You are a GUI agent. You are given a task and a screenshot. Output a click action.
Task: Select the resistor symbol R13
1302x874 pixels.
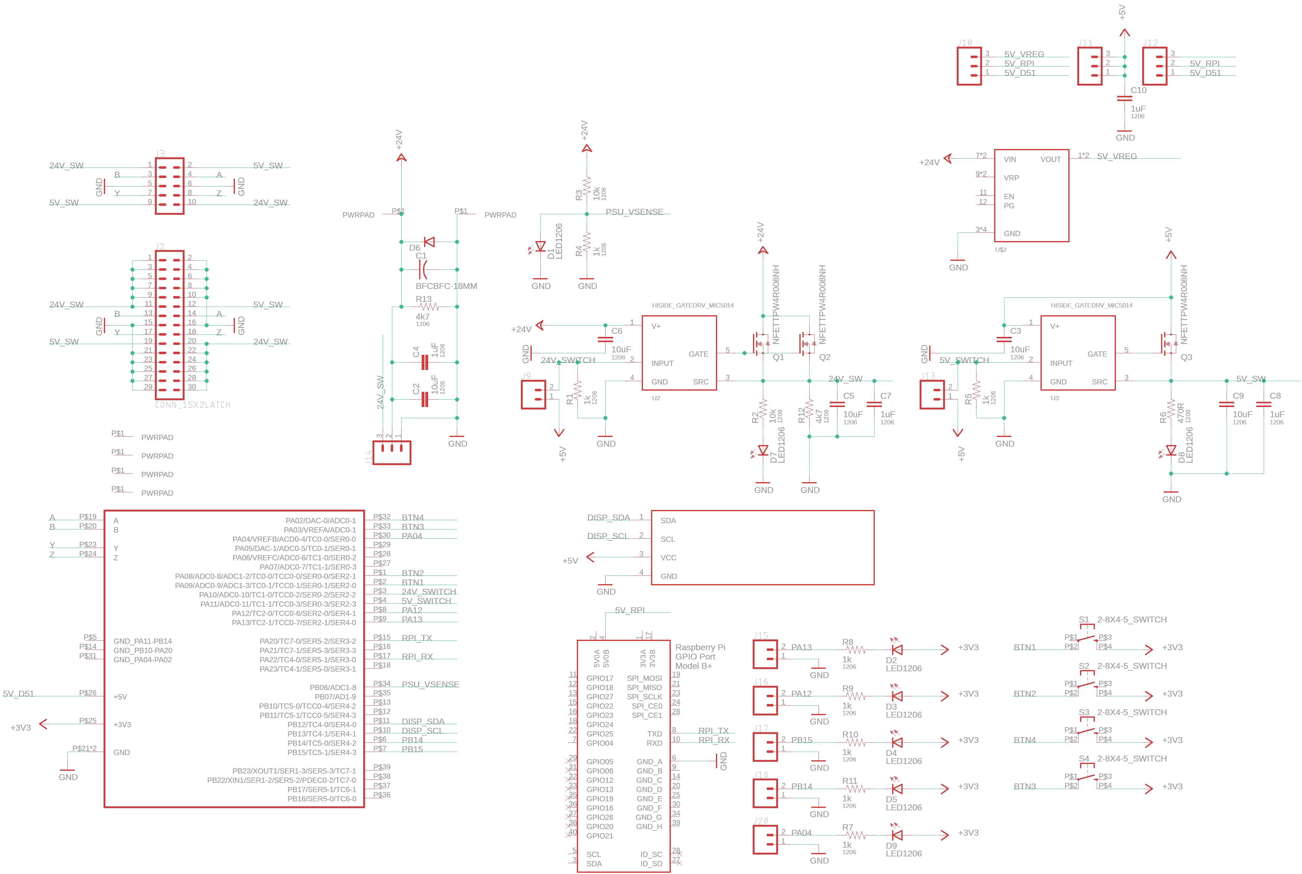tap(429, 307)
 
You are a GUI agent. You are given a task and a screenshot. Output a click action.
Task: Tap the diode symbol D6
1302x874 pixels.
tap(429, 242)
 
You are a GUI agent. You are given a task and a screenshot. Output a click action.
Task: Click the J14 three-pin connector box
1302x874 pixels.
tap(392, 452)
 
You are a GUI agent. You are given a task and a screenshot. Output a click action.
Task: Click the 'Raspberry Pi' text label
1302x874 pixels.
tap(700, 647)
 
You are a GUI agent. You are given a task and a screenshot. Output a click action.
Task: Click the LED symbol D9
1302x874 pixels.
tap(897, 835)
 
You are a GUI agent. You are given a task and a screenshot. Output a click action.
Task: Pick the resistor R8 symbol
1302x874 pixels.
tap(856, 649)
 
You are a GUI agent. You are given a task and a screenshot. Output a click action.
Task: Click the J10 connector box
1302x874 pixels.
tap(969, 66)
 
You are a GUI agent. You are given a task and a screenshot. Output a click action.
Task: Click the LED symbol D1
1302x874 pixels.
tap(540, 246)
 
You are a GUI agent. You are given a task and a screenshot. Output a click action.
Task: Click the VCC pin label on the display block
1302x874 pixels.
tap(668, 558)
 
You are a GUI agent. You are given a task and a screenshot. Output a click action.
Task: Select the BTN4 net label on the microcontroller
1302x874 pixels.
tap(412, 517)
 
